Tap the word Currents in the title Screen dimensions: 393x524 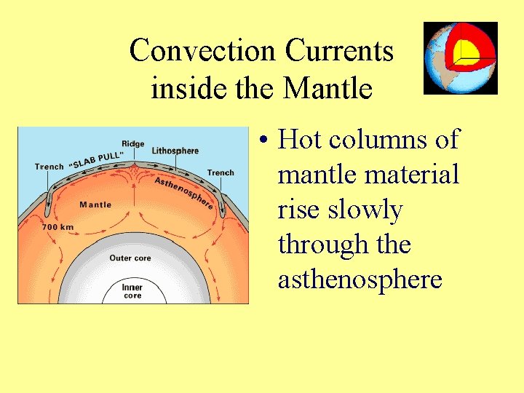339,51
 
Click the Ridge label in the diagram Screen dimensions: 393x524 133,144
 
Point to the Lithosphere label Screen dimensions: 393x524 175,151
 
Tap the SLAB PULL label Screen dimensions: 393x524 98,159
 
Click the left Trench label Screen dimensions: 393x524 49,167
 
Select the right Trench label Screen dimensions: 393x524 221,172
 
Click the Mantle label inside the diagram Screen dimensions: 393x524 95,205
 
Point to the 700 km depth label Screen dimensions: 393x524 58,227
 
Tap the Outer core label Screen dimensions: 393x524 130,258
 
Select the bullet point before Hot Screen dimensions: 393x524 264,140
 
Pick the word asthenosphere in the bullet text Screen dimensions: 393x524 360,279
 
